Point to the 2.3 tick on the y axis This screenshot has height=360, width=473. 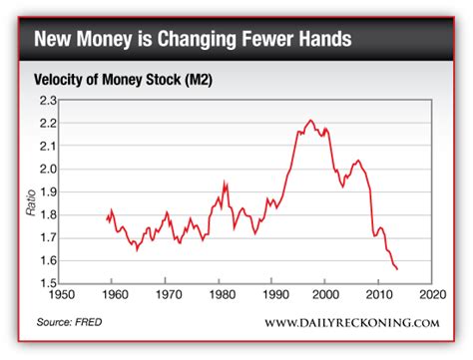[47, 101]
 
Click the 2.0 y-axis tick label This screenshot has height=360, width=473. [47, 170]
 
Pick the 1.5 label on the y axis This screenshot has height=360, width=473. [47, 284]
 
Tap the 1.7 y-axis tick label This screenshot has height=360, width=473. [47, 238]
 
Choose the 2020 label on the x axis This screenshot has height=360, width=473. [432, 297]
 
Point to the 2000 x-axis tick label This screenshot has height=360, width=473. [325, 297]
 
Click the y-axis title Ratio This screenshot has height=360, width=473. [30, 207]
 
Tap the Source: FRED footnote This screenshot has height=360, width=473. [69, 322]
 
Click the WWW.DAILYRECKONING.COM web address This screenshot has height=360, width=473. [351, 322]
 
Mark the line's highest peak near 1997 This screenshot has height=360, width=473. [310, 121]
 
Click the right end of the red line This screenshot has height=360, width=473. [398, 269]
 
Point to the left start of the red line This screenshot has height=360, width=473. [106, 218]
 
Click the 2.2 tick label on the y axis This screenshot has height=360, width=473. [47, 124]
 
